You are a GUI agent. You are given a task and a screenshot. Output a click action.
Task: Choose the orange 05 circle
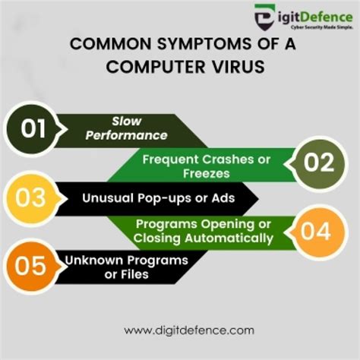32,267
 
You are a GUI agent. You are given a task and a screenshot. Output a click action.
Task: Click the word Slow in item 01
126,121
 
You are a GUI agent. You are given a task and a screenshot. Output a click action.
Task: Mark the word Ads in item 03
223,197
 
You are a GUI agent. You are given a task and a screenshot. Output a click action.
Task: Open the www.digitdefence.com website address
180,330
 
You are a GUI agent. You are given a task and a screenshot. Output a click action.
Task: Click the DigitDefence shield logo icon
261,15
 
